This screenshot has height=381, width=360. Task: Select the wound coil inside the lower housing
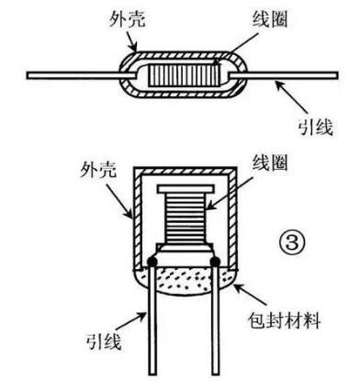pyautogui.click(x=184, y=220)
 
